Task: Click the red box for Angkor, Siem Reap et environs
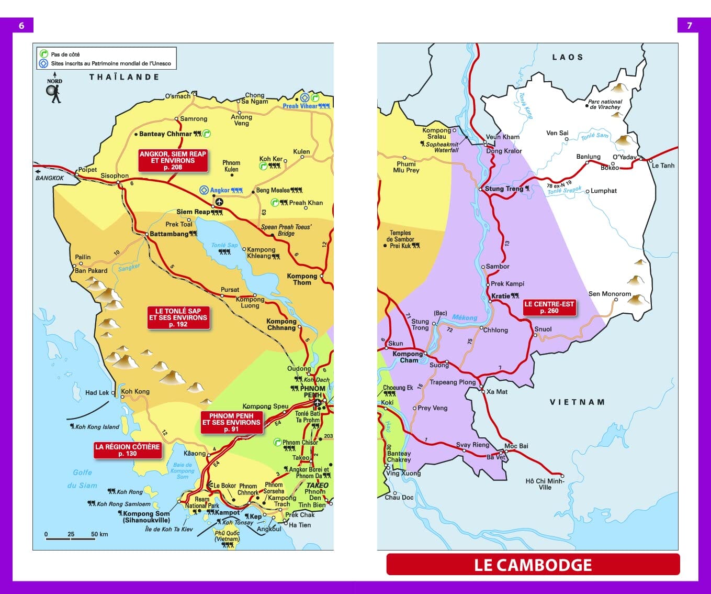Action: [x=173, y=161]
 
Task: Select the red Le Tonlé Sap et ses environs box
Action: [x=178, y=317]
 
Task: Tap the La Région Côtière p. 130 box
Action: [x=127, y=450]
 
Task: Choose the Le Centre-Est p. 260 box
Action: [x=549, y=307]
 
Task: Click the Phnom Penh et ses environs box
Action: [x=231, y=422]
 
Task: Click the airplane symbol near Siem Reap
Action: [x=219, y=202]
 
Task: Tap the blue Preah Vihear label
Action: [x=300, y=106]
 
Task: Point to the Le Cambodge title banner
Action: [x=533, y=565]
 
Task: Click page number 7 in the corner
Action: [x=689, y=25]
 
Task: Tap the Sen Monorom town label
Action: [x=610, y=294]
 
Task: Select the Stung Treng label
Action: [x=504, y=189]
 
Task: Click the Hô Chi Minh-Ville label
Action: [x=545, y=484]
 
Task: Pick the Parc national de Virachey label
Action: [x=605, y=104]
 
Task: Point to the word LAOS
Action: [x=567, y=57]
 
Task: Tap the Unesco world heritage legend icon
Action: [x=44, y=63]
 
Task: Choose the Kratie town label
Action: [x=500, y=296]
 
